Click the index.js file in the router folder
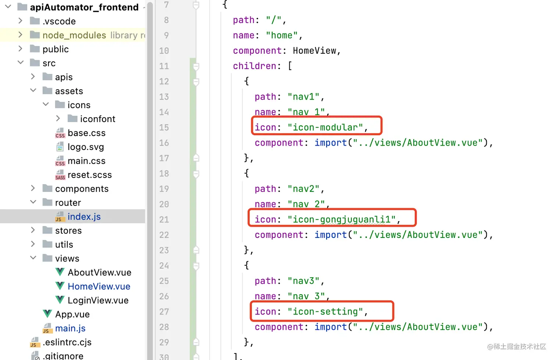click(84, 217)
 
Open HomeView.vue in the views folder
click(99, 286)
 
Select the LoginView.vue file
click(98, 300)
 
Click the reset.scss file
click(89, 175)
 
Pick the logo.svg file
click(86, 147)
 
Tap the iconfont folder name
click(97, 119)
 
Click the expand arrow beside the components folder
click(33, 188)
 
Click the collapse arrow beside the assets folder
click(33, 90)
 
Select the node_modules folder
click(74, 35)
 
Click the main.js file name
click(70, 328)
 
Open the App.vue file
click(72, 314)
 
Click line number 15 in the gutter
click(164, 128)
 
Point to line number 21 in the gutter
click(164, 220)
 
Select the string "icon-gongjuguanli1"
click(342, 220)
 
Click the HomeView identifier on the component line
click(314, 51)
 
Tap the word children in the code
click(254, 66)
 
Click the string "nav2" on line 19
click(303, 189)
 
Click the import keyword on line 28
click(331, 327)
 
